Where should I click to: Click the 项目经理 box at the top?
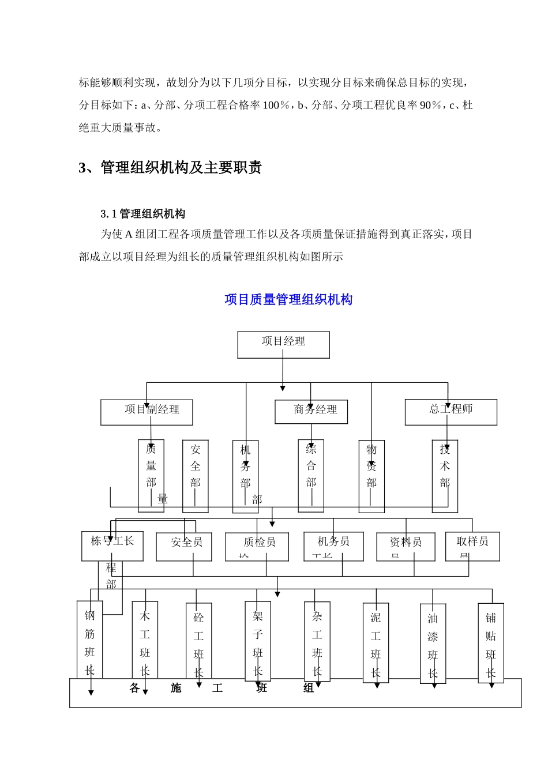(283, 344)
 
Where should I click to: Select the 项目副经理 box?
(147, 412)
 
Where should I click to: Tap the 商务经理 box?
(311, 412)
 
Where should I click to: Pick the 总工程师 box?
(451, 412)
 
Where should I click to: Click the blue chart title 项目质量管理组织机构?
(288, 300)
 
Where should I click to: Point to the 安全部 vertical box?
(195, 476)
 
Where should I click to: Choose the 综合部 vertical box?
(311, 475)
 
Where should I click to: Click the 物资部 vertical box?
(371, 476)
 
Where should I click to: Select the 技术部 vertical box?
(445, 476)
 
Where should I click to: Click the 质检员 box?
(257, 546)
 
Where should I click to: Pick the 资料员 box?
(406, 546)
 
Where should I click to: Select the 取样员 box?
(472, 546)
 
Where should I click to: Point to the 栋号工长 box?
(112, 545)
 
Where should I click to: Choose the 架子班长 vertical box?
(258, 641)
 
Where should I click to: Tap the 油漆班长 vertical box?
(433, 644)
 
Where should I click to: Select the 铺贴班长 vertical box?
(491, 643)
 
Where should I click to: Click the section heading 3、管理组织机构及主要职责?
(170, 168)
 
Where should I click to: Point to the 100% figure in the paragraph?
(276, 105)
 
